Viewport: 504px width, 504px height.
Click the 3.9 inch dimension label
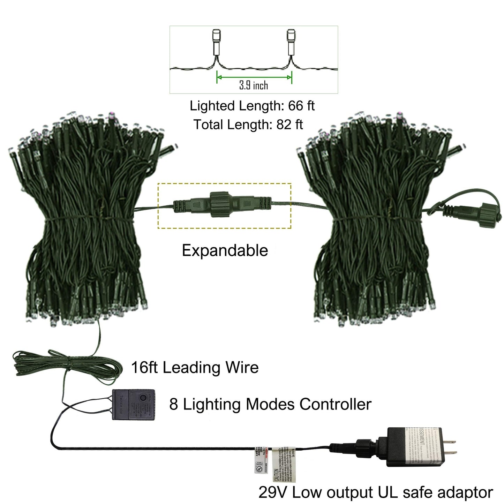tap(254, 85)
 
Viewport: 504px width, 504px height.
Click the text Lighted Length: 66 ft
tap(252, 106)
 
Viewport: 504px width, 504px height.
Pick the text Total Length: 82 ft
tap(248, 124)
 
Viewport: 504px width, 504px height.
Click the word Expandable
tap(225, 250)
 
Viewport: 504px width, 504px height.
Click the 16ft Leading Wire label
tap(195, 368)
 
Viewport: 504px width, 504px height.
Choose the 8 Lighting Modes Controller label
tap(270, 405)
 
